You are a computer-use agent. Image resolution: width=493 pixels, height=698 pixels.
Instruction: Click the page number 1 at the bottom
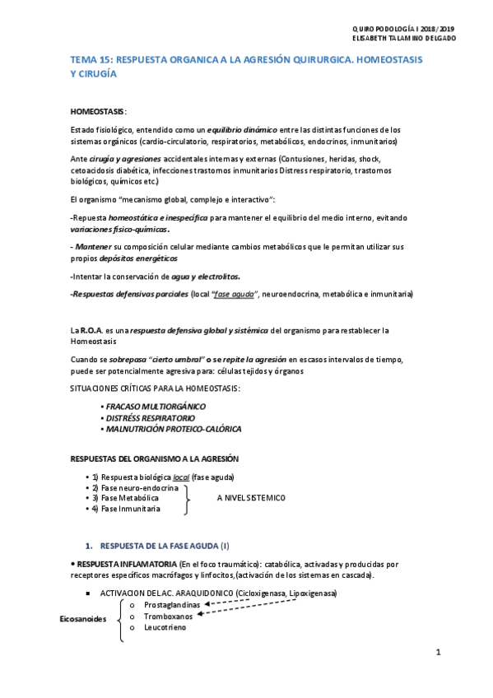[x=439, y=653]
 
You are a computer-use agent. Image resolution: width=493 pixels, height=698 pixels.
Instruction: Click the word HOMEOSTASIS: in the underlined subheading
[x=99, y=110]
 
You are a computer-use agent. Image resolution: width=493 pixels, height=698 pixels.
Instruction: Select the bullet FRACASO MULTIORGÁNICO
[x=154, y=407]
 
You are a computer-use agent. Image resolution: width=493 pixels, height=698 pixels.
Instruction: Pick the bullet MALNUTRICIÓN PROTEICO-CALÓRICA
[x=172, y=429]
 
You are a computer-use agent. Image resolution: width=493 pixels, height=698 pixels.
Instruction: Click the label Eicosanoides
[x=83, y=619]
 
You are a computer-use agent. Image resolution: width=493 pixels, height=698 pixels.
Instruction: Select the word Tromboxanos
[x=168, y=616]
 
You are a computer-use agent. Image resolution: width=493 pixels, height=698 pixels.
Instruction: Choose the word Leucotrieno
[x=165, y=627]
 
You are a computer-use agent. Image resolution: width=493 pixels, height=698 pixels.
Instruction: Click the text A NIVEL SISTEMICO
[x=251, y=498]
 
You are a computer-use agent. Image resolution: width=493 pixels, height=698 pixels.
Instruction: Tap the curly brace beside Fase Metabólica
[x=190, y=498]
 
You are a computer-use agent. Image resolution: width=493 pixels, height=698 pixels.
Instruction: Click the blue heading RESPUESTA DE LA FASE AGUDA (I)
[x=164, y=546]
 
